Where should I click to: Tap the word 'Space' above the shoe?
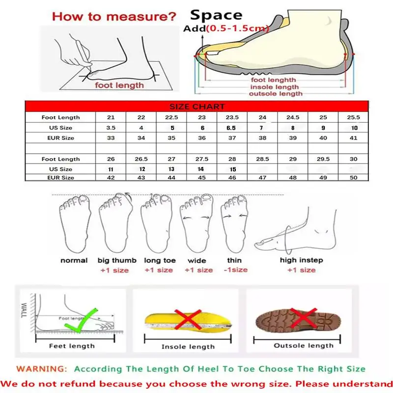click(x=216, y=15)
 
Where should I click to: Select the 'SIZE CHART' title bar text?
click(x=197, y=107)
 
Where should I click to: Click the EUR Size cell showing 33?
click(x=111, y=138)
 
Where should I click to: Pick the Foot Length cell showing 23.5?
click(x=231, y=117)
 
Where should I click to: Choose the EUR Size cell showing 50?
click(x=353, y=177)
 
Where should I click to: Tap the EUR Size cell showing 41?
click(x=353, y=138)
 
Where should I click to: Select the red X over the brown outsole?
click(x=301, y=318)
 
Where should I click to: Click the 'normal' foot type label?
click(x=74, y=260)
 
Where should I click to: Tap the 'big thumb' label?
click(x=113, y=260)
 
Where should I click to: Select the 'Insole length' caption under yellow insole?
click(x=187, y=347)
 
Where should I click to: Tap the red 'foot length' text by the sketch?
click(x=120, y=85)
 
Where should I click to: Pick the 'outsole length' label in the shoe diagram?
click(x=276, y=93)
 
